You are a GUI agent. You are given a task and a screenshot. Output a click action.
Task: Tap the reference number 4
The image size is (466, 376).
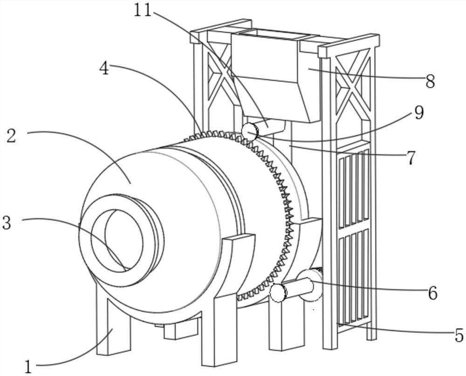[x=104, y=68]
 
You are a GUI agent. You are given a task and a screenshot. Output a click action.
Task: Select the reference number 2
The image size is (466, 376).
[x=12, y=136]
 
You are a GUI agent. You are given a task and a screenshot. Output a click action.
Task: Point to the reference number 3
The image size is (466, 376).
[x=7, y=223]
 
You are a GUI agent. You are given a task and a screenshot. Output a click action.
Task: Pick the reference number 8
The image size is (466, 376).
[x=430, y=82]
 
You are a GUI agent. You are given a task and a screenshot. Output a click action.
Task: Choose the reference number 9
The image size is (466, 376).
[x=419, y=112]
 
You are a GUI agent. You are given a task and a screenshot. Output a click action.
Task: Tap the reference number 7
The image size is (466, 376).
[x=411, y=158]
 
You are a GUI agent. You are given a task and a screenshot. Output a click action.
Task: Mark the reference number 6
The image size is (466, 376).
[x=432, y=293]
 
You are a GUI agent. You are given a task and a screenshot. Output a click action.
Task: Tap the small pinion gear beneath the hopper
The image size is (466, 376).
[x=249, y=132]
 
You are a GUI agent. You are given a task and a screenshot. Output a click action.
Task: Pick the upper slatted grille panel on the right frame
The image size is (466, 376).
[x=353, y=189]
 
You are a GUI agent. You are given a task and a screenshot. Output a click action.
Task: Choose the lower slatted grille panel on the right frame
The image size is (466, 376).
[x=353, y=278]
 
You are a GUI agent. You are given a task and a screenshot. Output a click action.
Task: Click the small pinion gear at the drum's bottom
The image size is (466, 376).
[x=278, y=293]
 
